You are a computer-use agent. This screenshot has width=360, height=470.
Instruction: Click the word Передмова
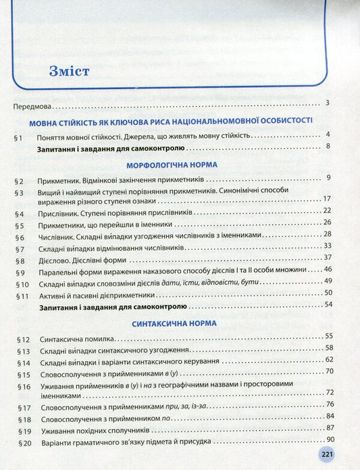tap(33, 106)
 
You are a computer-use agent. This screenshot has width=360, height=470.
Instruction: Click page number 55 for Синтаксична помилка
tap(329, 336)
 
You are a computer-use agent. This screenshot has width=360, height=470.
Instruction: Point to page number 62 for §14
tap(329, 360)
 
